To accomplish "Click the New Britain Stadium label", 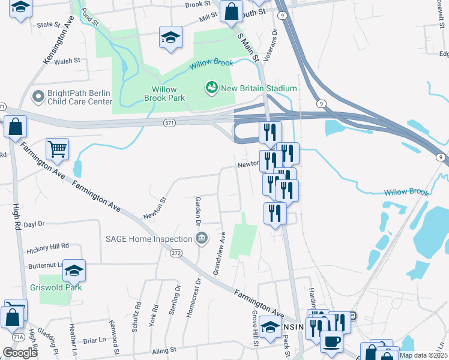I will pos(259,88).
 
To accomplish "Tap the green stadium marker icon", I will pos(211,88).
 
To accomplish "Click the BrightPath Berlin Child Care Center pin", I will pos(38,96).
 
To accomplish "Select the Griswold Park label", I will pos(55,287).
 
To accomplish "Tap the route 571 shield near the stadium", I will pos(170,122).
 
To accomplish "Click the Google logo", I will pos(20,353).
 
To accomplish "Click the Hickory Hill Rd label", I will pos(48,246).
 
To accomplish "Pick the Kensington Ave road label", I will pos(58,44).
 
